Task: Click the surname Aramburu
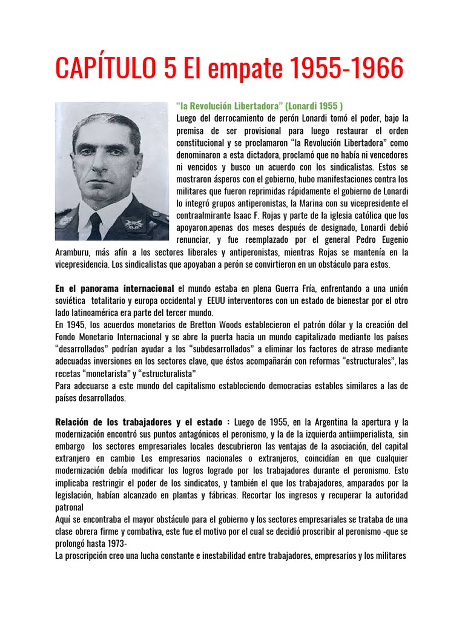click(75, 252)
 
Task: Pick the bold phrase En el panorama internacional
click(114, 289)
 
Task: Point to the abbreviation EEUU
click(222, 301)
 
